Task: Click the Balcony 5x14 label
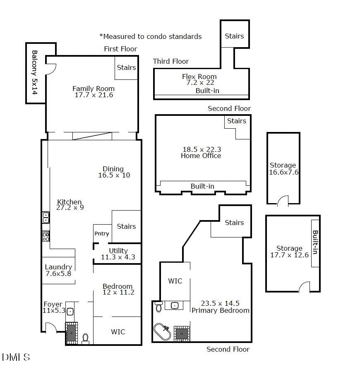(35, 72)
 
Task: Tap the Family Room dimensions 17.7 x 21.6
(93, 95)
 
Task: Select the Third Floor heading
(170, 61)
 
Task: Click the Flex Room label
(199, 77)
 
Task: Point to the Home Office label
(201, 156)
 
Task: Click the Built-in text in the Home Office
(202, 186)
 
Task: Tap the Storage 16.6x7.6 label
(283, 169)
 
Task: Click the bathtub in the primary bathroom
(162, 332)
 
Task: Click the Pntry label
(102, 233)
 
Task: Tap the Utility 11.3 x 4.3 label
(118, 254)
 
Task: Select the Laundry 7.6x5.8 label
(58, 270)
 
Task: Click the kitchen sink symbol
(46, 217)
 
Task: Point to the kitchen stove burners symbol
(46, 236)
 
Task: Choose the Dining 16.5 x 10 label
(114, 172)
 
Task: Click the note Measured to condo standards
(151, 36)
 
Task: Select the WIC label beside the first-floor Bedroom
(118, 331)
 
